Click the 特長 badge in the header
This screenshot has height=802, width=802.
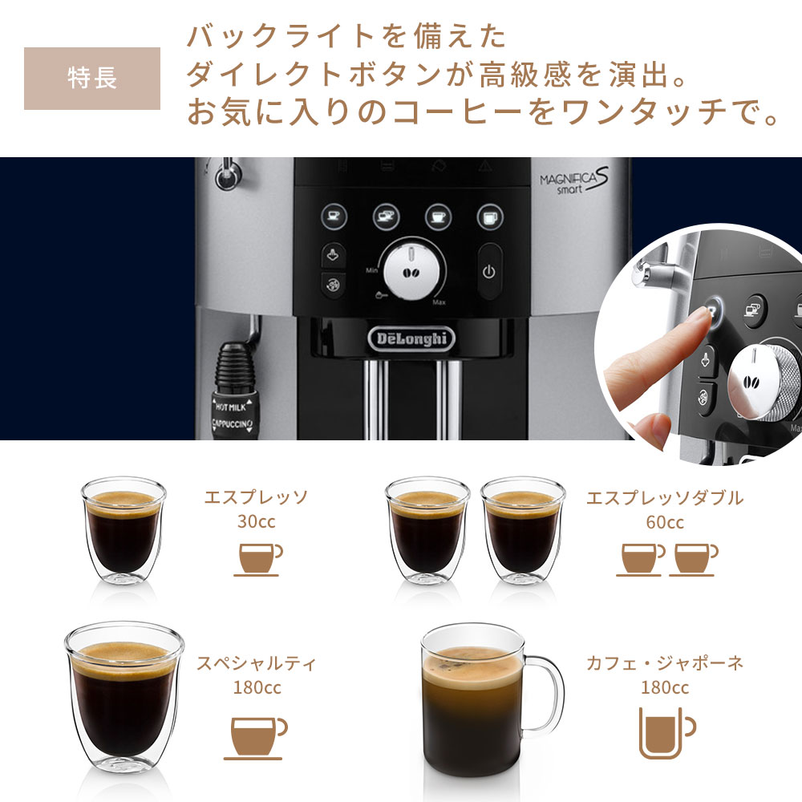[x=92, y=79]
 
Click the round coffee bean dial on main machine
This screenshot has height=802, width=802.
[x=414, y=271]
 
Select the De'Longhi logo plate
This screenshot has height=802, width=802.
[x=412, y=338]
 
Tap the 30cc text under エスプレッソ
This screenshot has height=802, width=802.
[x=256, y=521]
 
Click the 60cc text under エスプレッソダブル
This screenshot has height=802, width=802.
[x=665, y=522]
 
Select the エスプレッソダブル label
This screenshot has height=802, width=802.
[x=665, y=498]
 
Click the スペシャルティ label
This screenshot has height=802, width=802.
[x=257, y=663]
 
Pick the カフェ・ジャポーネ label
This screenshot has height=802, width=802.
[x=665, y=662]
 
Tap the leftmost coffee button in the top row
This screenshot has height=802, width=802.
[x=333, y=216]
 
